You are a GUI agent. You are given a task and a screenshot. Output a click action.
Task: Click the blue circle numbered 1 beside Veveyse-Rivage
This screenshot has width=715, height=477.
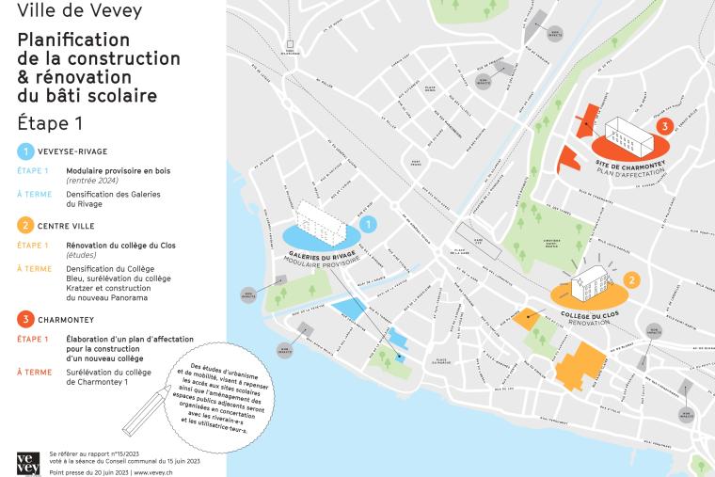click(24, 151)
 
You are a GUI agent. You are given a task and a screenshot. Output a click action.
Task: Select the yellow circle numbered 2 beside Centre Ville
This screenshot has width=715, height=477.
click(24, 225)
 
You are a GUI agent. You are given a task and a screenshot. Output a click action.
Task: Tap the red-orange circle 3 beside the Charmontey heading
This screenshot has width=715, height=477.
click(24, 319)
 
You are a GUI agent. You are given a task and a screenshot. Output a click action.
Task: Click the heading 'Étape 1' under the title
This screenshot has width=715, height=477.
click(50, 122)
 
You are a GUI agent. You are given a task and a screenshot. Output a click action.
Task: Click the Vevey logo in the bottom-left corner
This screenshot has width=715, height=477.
click(28, 462)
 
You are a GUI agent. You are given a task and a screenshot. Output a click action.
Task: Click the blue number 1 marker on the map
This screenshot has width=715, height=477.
click(369, 224)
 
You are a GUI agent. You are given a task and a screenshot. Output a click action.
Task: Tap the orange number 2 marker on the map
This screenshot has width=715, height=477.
click(632, 279)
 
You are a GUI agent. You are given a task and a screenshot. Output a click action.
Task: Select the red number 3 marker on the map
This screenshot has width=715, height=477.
click(664, 125)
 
